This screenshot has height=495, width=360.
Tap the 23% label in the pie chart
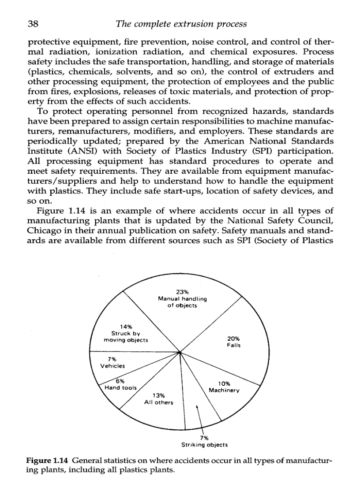click(182, 292)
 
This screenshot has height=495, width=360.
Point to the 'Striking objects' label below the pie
click(204, 445)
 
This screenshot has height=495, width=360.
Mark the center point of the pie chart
click(180, 352)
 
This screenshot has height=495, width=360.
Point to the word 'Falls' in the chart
click(233, 346)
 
